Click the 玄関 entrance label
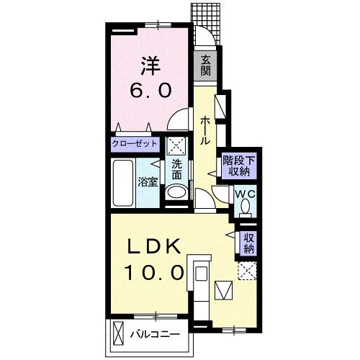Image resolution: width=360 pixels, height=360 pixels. pyautogui.click(x=205, y=66)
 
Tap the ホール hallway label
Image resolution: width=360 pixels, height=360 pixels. pyautogui.click(x=205, y=131)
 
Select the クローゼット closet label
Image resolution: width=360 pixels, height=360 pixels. pyautogui.click(x=135, y=144)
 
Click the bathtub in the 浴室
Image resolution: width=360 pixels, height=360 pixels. pyautogui.click(x=123, y=183)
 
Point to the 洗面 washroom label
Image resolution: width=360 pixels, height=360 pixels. pyautogui.click(x=177, y=170)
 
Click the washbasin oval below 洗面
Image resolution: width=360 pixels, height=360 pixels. pyautogui.click(x=176, y=192)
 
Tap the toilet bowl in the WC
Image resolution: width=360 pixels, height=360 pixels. pyautogui.click(x=245, y=207)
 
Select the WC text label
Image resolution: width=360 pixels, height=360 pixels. pyautogui.click(x=245, y=194)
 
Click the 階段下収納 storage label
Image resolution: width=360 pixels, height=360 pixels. pyautogui.click(x=238, y=166)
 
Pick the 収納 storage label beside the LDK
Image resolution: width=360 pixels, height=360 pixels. pyautogui.click(x=249, y=243)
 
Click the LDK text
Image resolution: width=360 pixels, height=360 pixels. pyautogui.click(x=154, y=246)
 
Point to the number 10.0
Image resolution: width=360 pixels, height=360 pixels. pyautogui.click(x=154, y=272)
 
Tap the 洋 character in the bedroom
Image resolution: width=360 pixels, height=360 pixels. pyautogui.click(x=150, y=66)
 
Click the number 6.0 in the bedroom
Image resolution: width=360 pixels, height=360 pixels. pyautogui.click(x=151, y=90)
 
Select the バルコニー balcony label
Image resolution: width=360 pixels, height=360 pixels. pyautogui.click(x=155, y=335)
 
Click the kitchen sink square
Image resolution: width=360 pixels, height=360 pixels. pyautogui.click(x=201, y=274)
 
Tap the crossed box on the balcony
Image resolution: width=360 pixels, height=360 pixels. pyautogui.click(x=118, y=333)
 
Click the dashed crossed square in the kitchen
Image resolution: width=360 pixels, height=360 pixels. pyautogui.click(x=247, y=271)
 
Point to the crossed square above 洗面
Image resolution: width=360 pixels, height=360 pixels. pyautogui.click(x=176, y=146)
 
